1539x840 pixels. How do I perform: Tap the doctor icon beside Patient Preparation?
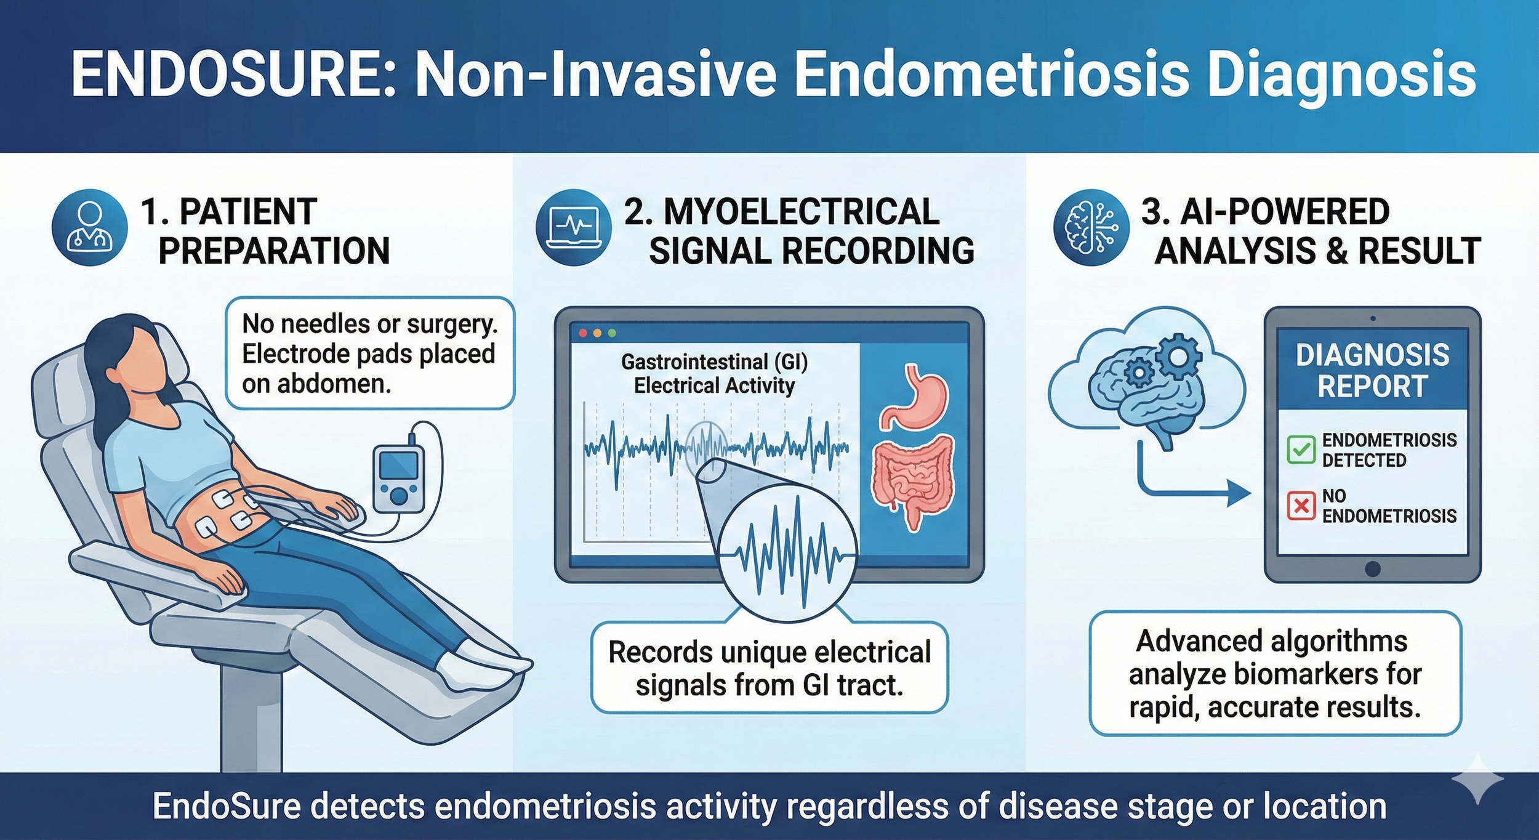[x=90, y=227]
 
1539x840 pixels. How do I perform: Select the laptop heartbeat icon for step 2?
[x=573, y=227]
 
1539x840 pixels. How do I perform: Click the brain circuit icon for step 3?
[x=1091, y=227]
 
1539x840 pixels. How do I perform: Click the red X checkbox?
[x=1301, y=506]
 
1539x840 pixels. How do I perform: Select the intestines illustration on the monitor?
[x=913, y=480]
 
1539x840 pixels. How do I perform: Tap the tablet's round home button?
[x=1372, y=568]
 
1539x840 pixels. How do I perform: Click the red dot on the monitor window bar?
[x=582, y=333]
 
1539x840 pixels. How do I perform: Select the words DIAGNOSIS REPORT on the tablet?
[x=1372, y=371]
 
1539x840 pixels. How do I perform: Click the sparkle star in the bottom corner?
[x=1478, y=780]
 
